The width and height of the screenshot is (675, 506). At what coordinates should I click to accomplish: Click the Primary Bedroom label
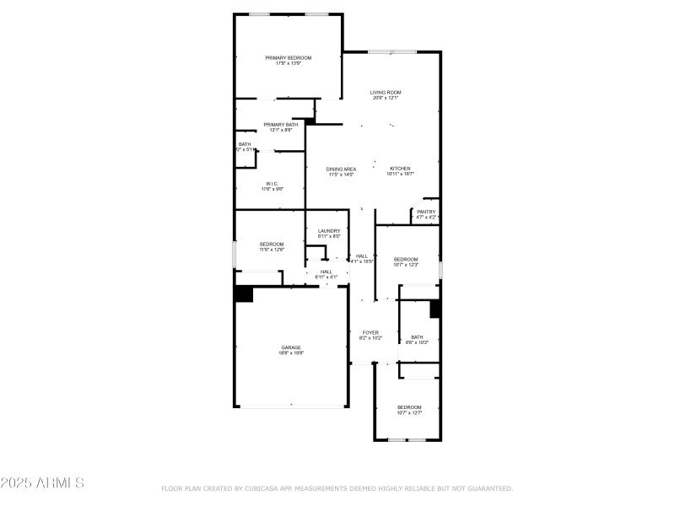(288, 58)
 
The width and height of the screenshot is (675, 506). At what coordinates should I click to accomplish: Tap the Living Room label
(386, 92)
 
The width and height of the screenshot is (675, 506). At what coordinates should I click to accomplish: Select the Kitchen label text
(400, 169)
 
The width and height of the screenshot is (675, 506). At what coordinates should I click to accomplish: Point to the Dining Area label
(341, 169)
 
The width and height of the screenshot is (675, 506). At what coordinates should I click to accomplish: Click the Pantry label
(426, 212)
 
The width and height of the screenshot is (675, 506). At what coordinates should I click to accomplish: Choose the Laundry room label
(328, 231)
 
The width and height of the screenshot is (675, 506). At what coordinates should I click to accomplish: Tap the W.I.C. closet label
(272, 184)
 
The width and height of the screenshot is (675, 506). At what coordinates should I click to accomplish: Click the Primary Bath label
(280, 125)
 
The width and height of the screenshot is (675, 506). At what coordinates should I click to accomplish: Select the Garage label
(291, 347)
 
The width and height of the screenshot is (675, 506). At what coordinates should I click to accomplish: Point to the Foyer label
(370, 332)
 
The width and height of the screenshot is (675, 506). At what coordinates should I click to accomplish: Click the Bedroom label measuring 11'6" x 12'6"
(271, 244)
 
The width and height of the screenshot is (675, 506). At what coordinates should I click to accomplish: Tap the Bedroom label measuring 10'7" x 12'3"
(406, 259)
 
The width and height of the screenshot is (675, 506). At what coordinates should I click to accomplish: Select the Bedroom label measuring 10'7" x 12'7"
(409, 407)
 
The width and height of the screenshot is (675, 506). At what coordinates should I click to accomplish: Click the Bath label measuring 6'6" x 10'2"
(417, 337)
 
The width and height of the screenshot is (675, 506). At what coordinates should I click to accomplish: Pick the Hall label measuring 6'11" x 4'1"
(326, 272)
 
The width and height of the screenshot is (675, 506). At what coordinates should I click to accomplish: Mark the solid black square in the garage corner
(244, 294)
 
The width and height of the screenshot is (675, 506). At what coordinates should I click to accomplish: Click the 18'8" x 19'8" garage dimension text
(291, 353)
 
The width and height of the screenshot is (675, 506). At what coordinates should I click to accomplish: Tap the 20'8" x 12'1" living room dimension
(386, 98)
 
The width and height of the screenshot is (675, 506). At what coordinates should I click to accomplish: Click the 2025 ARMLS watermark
(42, 483)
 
